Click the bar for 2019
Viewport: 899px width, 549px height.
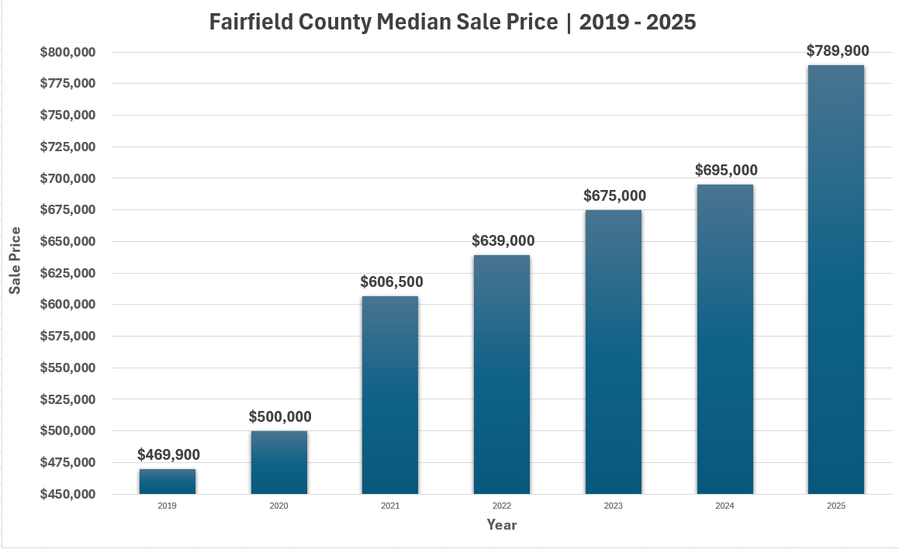168,482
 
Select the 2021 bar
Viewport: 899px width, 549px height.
390,395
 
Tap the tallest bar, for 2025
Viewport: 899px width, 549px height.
836,279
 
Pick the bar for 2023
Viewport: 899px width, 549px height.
614,352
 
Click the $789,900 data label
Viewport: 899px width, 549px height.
838,51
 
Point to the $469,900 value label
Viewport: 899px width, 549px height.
168,454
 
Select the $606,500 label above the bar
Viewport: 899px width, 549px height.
392,282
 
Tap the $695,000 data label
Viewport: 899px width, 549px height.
726,170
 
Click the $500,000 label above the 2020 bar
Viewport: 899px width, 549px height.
280,416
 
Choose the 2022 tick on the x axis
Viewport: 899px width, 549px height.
501,506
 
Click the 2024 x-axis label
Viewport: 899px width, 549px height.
724,506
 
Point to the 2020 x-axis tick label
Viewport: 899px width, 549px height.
278,506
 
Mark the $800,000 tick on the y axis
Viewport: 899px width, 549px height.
67,52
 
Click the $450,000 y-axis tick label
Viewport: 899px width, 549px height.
67,494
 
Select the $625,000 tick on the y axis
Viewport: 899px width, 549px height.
67,273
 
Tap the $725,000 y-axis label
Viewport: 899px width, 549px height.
67,147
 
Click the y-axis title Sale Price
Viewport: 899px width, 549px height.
15,261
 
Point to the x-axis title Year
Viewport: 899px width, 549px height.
502,525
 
